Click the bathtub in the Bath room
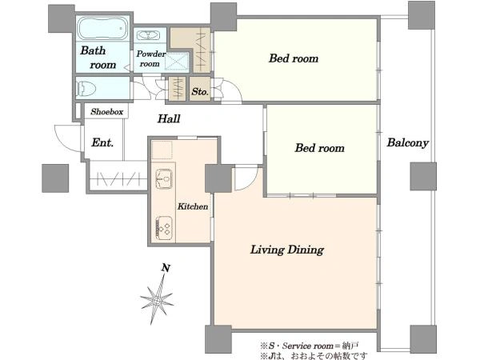103,28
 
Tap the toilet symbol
86,88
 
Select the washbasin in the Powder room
148,35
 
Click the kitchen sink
164,178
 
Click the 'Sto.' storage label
200,91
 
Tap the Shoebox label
107,112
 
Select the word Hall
169,118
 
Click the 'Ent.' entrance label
102,142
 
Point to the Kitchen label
193,206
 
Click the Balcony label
407,143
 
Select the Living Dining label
287,250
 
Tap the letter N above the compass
166,268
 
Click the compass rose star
157,300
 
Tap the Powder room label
150,58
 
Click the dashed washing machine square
177,62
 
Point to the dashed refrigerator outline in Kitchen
162,150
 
